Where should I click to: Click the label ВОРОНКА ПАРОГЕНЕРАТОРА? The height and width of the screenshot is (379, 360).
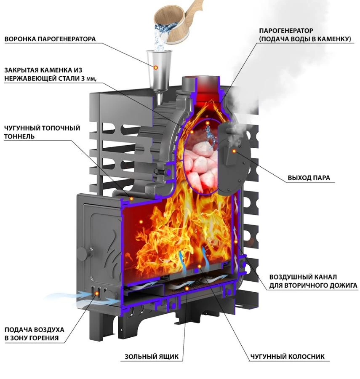pos(50,39)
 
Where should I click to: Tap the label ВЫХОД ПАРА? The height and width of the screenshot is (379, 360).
pos(309,178)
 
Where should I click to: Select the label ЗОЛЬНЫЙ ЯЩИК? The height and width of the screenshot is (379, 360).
pos(152,357)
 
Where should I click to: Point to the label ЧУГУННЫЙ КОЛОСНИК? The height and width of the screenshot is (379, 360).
pos(287,357)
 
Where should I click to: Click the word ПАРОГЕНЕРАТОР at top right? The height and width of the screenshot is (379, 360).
pos(286,31)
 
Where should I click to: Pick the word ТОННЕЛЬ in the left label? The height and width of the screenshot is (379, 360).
pos(19,136)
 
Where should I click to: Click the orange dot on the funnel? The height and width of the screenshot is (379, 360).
pos(156,67)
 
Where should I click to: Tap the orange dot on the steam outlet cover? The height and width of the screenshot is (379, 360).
pos(234,151)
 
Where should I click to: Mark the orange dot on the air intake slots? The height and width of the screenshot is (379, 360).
pos(97,293)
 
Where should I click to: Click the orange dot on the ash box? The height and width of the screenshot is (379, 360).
pos(186,288)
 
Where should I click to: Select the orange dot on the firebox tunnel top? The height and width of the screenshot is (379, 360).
pos(131,199)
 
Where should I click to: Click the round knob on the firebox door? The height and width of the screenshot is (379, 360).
pos(85,254)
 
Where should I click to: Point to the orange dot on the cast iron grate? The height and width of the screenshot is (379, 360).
pos(199,266)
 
